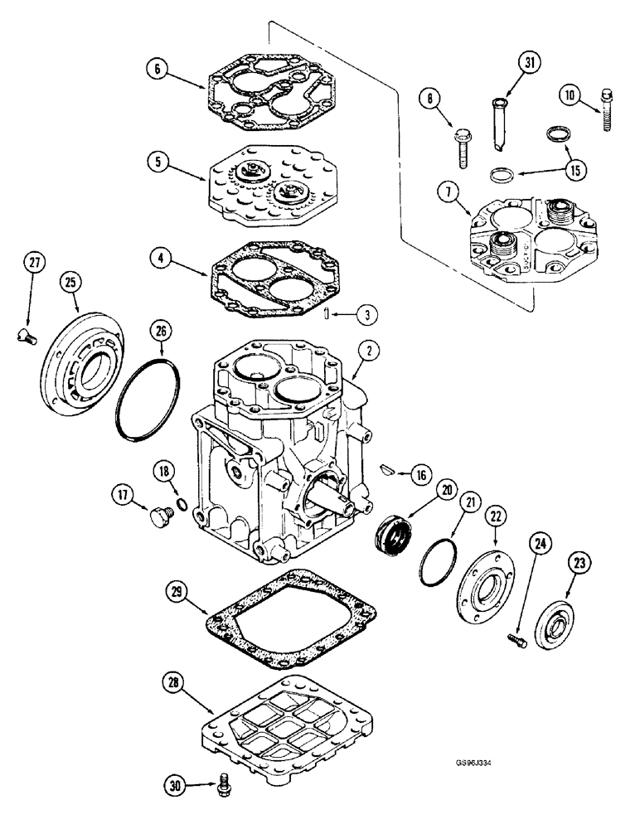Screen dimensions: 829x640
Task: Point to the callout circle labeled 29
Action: (x=176, y=593)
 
